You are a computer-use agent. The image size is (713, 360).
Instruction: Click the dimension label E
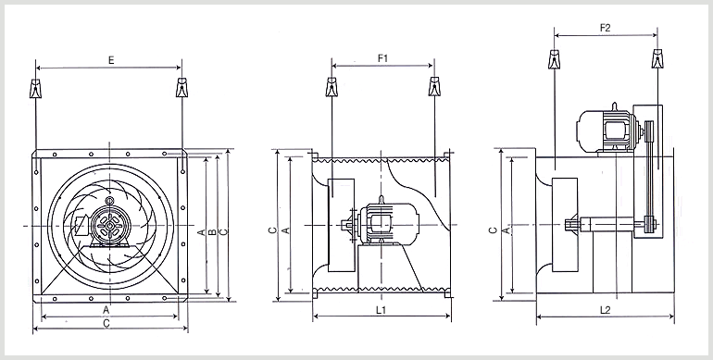pyautogui.click(x=111, y=60)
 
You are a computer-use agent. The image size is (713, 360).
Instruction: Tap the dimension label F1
pyautogui.click(x=382, y=58)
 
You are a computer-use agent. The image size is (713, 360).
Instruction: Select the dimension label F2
pyautogui.click(x=605, y=28)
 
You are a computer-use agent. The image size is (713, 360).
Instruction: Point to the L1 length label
pyautogui.click(x=382, y=310)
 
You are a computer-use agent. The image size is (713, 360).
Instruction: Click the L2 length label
pyautogui.click(x=605, y=310)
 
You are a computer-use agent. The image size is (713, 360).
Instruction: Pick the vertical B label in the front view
pyautogui.click(x=212, y=232)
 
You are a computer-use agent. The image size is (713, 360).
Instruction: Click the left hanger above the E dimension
pyautogui.click(x=35, y=88)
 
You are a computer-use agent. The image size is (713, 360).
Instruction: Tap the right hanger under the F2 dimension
pyautogui.click(x=657, y=58)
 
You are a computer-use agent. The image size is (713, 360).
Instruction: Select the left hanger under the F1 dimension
pyautogui.click(x=331, y=87)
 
